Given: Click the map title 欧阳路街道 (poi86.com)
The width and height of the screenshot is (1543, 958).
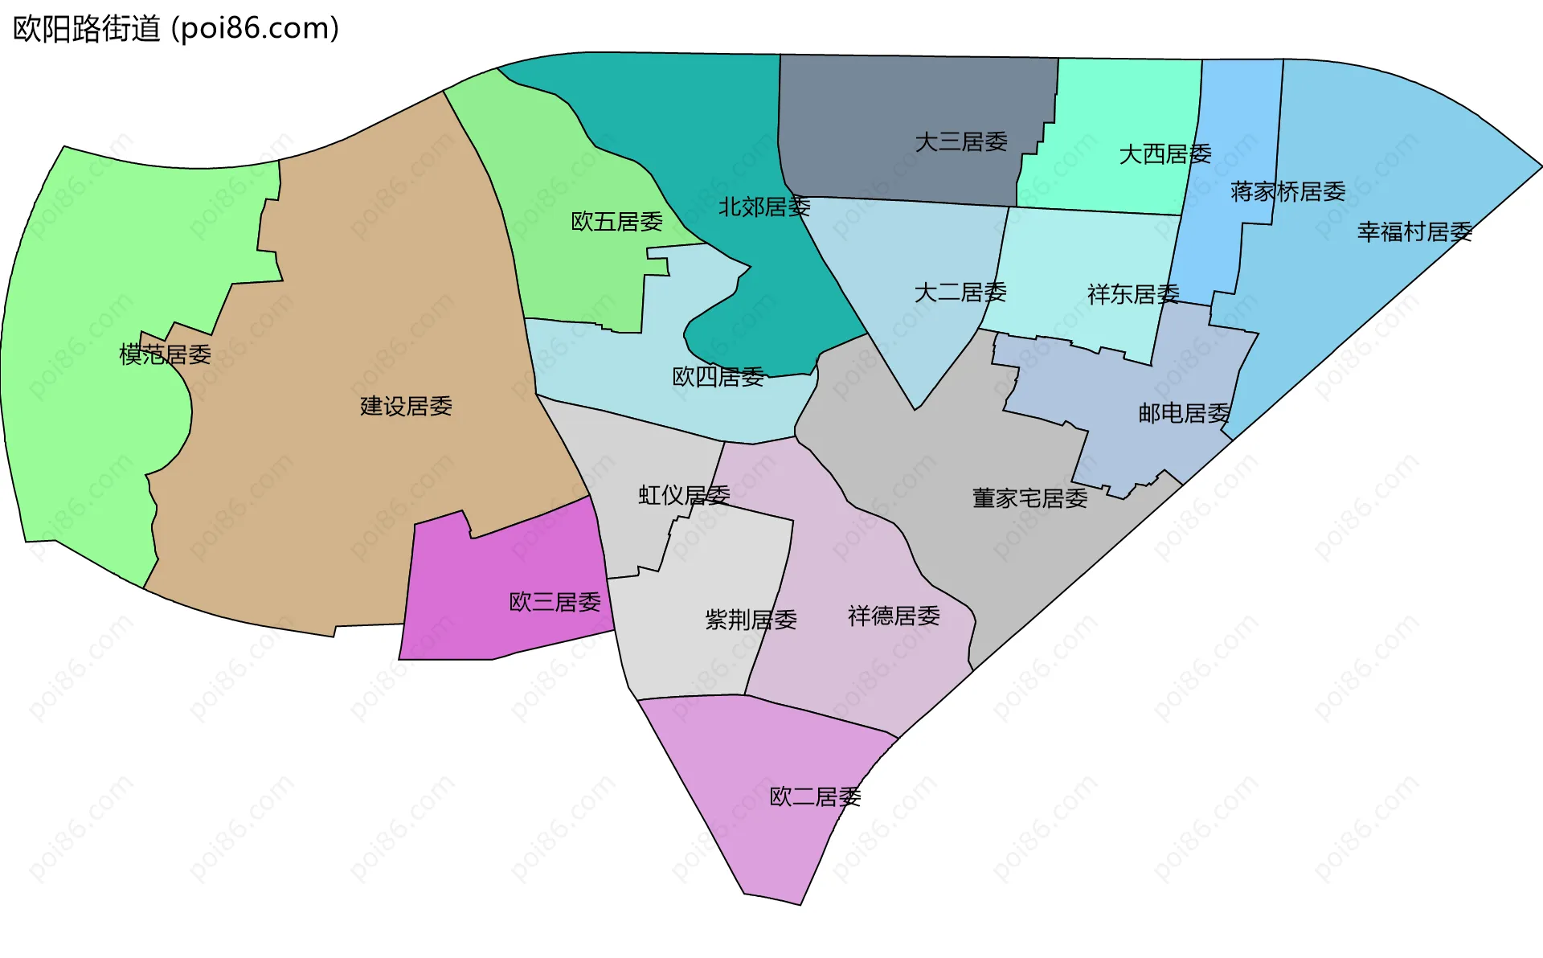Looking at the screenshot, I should [x=176, y=29].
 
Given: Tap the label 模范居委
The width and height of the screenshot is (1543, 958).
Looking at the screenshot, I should [x=165, y=354].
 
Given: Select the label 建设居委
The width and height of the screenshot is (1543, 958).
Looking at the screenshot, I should [x=406, y=407].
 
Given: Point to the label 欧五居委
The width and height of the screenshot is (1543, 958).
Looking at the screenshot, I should [x=616, y=222].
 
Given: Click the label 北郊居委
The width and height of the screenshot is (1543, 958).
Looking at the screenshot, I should [x=763, y=207].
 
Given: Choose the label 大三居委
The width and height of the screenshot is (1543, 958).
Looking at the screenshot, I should [x=961, y=142].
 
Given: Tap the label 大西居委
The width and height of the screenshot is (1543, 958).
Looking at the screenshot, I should [x=1164, y=154].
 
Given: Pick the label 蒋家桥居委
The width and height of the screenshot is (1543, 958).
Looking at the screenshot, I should [x=1287, y=192].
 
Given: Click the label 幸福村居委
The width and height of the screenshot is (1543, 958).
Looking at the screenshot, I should [x=1414, y=232].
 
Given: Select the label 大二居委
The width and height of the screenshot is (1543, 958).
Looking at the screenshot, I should [x=960, y=293].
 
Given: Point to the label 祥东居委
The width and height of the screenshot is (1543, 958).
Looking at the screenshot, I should [x=1133, y=295].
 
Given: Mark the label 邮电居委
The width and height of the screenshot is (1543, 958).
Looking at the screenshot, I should [x=1184, y=414].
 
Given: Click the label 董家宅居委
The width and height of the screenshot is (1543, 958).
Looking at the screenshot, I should [x=1029, y=499].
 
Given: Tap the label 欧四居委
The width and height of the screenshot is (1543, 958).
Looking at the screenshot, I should [x=718, y=377].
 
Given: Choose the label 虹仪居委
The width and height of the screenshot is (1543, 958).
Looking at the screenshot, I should [x=684, y=495].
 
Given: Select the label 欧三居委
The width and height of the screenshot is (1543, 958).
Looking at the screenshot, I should [x=555, y=603].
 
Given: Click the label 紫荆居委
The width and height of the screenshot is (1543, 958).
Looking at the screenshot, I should [x=751, y=620].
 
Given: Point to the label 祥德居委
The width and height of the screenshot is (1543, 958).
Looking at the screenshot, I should [x=894, y=616].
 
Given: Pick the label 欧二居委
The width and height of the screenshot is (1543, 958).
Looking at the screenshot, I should [x=815, y=797].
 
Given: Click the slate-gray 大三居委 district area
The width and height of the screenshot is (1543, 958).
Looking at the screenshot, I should [x=884, y=96].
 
